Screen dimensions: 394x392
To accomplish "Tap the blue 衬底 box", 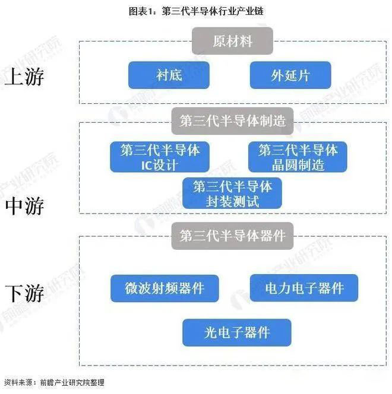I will [168, 75].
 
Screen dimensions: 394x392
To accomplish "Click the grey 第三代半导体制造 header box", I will [232, 121].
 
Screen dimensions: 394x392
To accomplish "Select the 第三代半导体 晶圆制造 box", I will [297, 157].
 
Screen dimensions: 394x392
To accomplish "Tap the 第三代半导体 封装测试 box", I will [232, 193].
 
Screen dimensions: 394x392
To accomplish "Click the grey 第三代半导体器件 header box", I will [232, 236].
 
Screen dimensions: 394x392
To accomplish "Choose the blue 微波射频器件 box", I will [164, 288].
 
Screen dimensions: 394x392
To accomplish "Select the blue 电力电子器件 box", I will [304, 288].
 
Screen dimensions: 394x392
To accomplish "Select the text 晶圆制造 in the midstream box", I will [297, 165].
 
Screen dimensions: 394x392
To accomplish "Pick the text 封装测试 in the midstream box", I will [232, 201].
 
